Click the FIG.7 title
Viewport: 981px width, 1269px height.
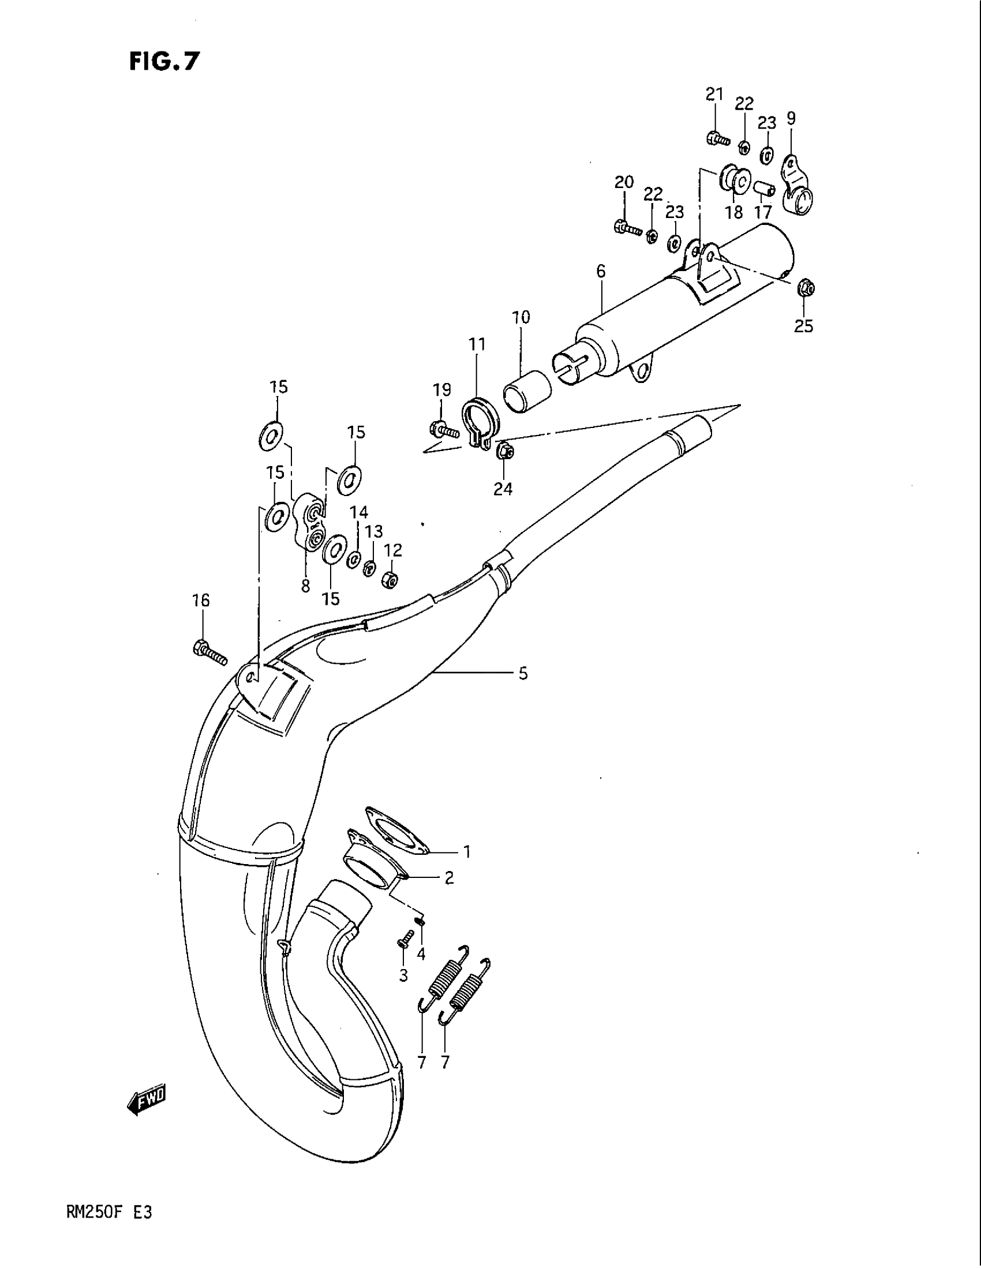164,61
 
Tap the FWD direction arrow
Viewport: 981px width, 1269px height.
147,1097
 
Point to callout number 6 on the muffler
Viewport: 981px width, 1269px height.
600,271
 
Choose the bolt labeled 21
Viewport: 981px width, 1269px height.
718,139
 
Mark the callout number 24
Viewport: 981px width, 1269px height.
503,489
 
